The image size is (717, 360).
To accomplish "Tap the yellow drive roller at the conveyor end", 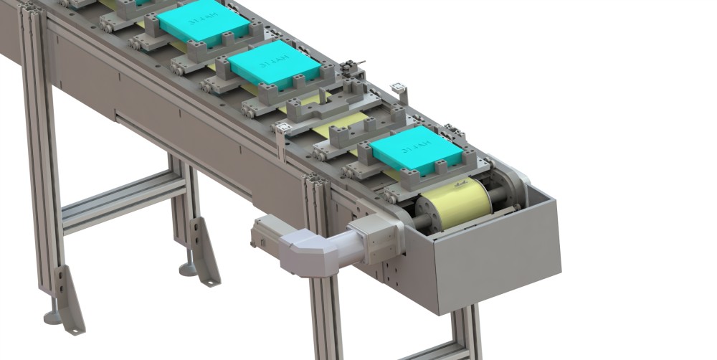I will click(455, 203).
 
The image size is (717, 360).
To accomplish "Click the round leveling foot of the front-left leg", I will click(52, 316).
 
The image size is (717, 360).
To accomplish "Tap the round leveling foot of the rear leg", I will click(187, 270).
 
